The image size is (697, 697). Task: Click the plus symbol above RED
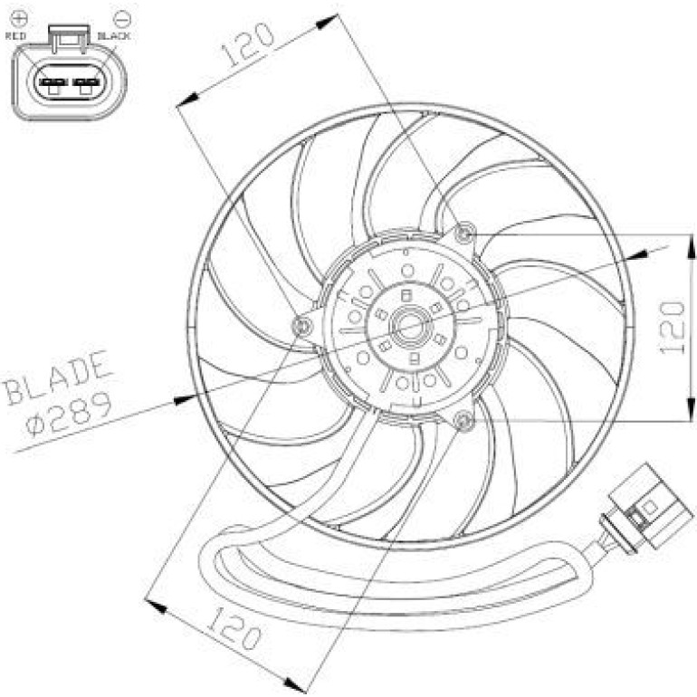pyautogui.click(x=20, y=18)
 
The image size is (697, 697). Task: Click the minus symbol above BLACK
pyautogui.click(x=121, y=19)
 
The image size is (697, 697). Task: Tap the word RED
pyautogui.click(x=15, y=36)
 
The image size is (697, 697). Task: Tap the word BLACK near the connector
pyautogui.click(x=113, y=36)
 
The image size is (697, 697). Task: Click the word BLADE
pyautogui.click(x=57, y=377)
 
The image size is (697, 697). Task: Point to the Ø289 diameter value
pyautogui.click(x=68, y=414)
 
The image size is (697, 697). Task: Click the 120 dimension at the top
pyautogui.click(x=247, y=44)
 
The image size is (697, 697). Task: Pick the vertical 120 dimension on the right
pyautogui.click(x=672, y=328)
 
